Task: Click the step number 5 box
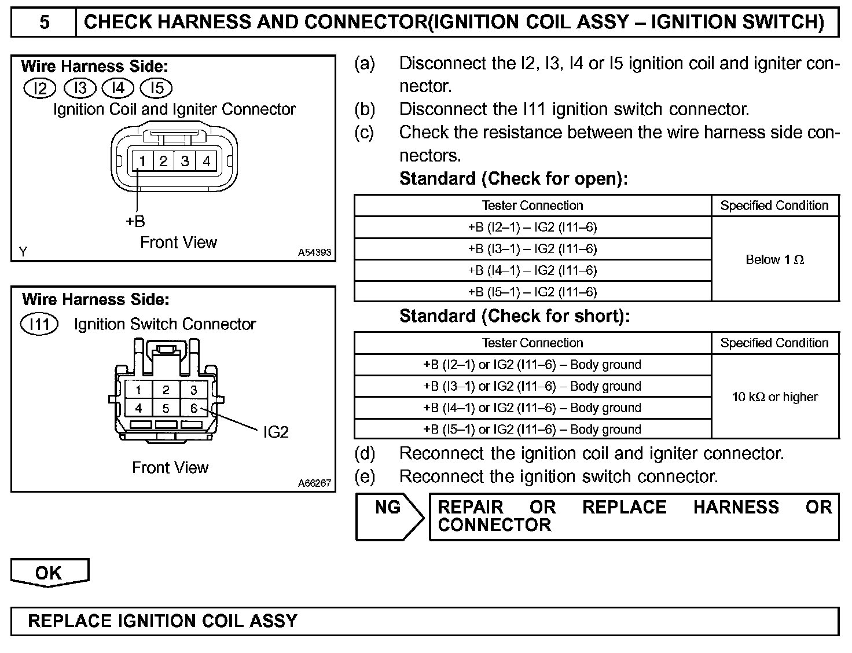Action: [44, 22]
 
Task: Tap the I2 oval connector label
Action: [39, 88]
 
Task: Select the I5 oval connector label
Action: [156, 88]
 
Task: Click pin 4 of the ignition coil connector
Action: [206, 160]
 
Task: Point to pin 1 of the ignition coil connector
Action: [142, 160]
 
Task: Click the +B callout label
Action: [135, 221]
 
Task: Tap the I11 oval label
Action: [39, 324]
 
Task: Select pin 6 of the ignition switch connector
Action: [194, 408]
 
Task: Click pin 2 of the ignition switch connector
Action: [166, 390]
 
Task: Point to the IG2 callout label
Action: [276, 432]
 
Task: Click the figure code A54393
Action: [315, 252]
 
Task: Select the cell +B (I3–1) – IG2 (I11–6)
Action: [532, 249]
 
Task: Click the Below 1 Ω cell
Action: [775, 259]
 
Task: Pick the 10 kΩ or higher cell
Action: [775, 397]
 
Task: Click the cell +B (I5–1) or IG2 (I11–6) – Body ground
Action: [532, 429]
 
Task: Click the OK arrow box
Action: [49, 573]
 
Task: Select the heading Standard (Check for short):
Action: [515, 316]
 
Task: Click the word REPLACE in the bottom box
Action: [70, 621]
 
